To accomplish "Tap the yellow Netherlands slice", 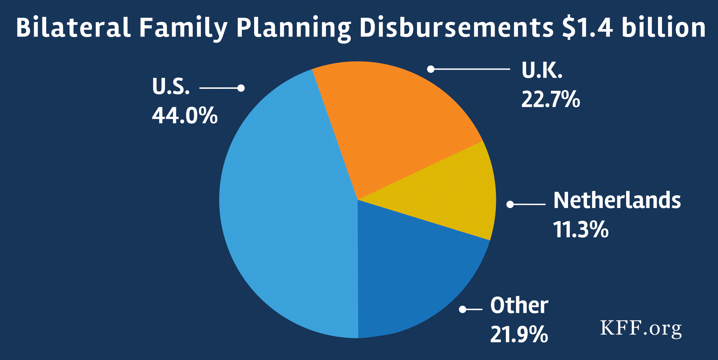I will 451,195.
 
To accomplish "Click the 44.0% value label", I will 185,116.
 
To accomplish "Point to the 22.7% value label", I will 550,99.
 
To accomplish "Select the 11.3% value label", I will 581,230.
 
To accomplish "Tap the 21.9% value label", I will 519,334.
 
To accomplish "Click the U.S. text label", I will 171,86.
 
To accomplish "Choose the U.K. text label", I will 542,70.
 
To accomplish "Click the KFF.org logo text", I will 641,329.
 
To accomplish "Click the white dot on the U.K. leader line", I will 431,69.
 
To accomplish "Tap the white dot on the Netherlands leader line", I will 510,204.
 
